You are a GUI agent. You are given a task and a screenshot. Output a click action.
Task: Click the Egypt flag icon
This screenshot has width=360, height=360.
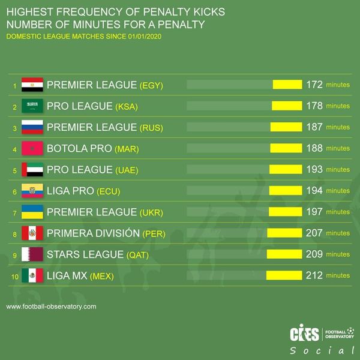click(x=32, y=85)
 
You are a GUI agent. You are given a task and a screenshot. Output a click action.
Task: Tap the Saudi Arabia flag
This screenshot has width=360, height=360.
click(x=32, y=106)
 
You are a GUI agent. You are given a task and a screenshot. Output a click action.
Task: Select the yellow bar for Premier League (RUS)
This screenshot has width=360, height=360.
click(x=286, y=127)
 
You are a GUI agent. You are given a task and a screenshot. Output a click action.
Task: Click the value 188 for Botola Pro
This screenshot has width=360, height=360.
click(x=314, y=148)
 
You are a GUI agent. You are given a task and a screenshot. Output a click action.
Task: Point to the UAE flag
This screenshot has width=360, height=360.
click(x=32, y=170)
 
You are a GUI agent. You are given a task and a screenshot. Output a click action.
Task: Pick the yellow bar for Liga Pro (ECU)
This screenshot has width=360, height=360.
click(x=285, y=191)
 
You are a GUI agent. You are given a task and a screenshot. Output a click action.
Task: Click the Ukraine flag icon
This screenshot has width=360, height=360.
click(x=32, y=212)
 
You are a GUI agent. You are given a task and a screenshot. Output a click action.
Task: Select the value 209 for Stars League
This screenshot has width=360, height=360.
click(x=314, y=254)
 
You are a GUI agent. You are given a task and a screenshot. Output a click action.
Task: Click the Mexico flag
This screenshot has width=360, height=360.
click(x=32, y=275)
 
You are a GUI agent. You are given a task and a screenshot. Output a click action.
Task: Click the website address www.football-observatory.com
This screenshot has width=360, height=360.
click(x=51, y=307)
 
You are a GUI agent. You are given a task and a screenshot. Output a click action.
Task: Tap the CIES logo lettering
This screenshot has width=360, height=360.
click(x=304, y=334)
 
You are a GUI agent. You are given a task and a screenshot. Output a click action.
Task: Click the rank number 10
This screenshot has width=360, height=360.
click(x=14, y=276)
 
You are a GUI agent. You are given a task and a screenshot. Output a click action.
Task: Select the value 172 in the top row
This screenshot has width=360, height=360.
click(x=314, y=85)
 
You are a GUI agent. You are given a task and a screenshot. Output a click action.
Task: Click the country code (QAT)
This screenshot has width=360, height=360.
click(x=137, y=255)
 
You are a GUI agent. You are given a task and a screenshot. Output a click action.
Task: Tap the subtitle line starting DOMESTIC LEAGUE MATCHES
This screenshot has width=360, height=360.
click(x=83, y=37)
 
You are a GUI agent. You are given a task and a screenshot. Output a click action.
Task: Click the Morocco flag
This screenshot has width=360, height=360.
click(x=32, y=148)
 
